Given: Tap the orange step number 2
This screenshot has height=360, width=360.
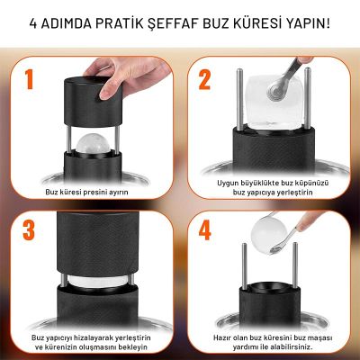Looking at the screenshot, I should pos(204,79).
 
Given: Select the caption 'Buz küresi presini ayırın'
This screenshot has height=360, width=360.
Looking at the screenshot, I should pos(92,192).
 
